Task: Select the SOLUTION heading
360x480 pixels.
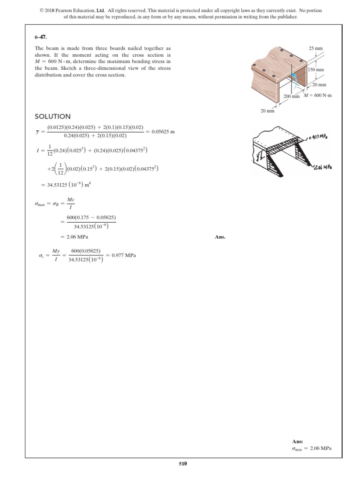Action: point(53,116)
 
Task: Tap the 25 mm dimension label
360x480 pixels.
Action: point(315,49)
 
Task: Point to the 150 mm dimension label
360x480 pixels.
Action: point(317,70)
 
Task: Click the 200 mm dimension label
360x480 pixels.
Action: point(292,96)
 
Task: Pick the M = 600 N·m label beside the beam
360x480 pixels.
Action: point(317,96)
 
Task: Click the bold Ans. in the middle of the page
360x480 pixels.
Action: point(220,237)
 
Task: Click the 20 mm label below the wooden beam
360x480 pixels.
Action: point(268,111)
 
